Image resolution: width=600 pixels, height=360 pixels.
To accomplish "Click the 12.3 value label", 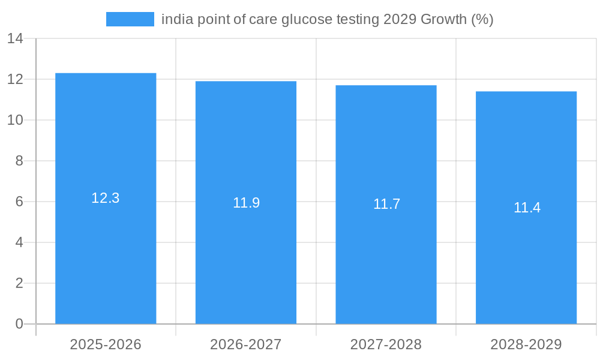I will pyautogui.click(x=106, y=198).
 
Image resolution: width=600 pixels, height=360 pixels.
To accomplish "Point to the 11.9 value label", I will pyautogui.click(x=246, y=203).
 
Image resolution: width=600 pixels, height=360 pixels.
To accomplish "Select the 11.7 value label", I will pyautogui.click(x=386, y=204).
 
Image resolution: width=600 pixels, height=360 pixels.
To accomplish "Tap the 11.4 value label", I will pyautogui.click(x=527, y=208).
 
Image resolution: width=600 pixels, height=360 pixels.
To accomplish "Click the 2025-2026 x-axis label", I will pyautogui.click(x=106, y=344).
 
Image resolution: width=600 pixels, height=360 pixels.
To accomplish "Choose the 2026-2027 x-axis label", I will pyautogui.click(x=246, y=344).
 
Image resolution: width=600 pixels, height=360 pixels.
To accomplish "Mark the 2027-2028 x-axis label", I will pyautogui.click(x=386, y=344).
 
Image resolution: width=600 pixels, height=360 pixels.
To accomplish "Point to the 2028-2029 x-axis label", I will pyautogui.click(x=526, y=344).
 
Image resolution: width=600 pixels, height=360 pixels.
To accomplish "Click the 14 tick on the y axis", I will pyautogui.click(x=15, y=39).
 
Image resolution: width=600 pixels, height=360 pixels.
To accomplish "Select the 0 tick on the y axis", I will pyautogui.click(x=19, y=324).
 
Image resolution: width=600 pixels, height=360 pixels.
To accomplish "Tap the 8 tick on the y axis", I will pyautogui.click(x=19, y=161).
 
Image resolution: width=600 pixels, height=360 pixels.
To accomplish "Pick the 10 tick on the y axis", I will pyautogui.click(x=15, y=120).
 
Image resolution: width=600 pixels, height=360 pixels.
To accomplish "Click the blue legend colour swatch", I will pyautogui.click(x=130, y=19).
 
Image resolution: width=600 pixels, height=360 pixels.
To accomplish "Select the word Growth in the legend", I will pyautogui.click(x=443, y=19).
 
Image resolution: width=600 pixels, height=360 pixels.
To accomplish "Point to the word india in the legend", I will pyautogui.click(x=174, y=19).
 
